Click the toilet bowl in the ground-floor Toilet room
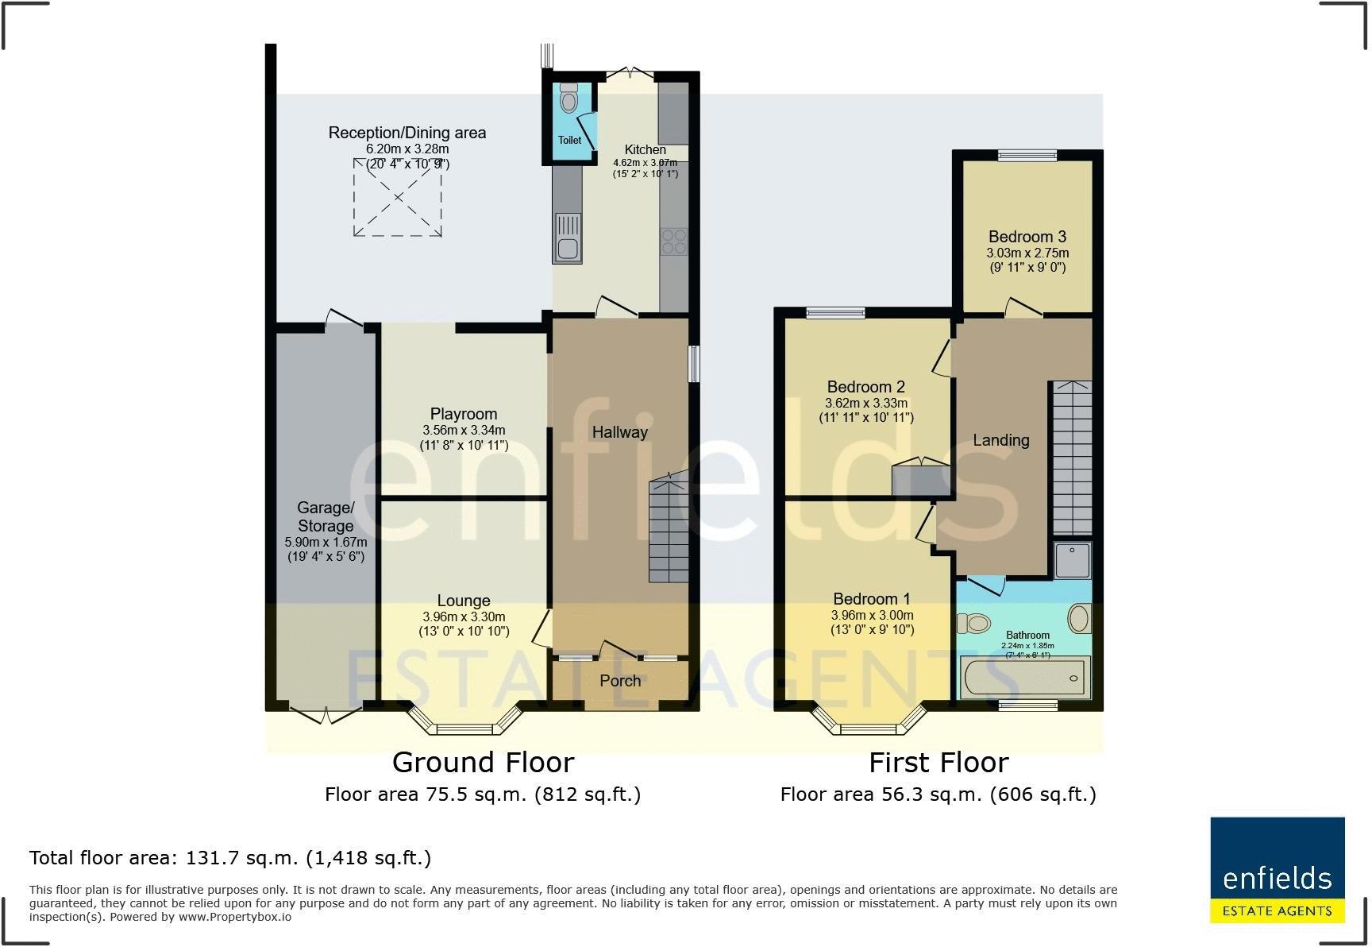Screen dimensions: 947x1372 568,100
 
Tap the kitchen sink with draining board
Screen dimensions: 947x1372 567,237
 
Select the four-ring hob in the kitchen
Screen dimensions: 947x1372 674,241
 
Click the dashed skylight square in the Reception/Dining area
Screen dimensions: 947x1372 398,197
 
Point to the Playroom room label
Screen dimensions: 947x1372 464,414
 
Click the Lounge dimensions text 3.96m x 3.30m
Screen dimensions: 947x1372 464,617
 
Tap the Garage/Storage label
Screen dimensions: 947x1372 326,516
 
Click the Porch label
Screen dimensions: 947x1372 620,681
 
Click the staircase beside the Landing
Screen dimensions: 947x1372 1072,458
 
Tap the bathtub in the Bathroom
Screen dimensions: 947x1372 1024,678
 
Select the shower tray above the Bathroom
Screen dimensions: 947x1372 1073,560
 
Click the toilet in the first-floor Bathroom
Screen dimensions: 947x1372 973,623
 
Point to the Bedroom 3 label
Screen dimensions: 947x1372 1027,237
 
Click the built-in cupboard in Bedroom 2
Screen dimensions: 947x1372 921,480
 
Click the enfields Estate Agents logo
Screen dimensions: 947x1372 1277,870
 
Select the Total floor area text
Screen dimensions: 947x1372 230,858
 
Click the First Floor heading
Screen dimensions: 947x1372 938,763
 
